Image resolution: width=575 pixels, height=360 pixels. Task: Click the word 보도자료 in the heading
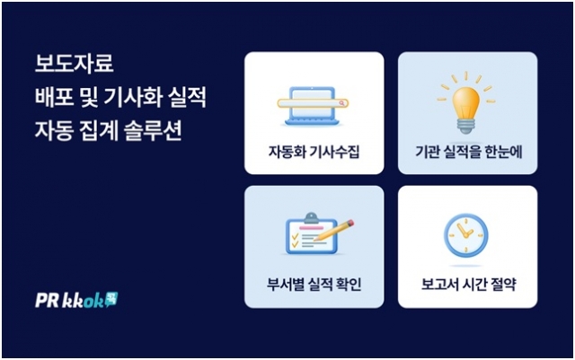click(74, 64)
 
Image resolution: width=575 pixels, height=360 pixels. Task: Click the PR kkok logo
click(76, 300)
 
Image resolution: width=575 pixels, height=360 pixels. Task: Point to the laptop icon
click(312, 106)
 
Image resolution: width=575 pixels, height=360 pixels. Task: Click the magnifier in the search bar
click(341, 103)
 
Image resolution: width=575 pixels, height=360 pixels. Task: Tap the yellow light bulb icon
click(465, 103)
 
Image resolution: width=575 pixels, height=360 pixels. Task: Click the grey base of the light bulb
click(465, 126)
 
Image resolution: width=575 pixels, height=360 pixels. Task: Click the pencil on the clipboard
click(334, 230)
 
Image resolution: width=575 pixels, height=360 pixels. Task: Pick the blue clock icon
click(465, 235)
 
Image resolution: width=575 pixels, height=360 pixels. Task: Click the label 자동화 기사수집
click(314, 152)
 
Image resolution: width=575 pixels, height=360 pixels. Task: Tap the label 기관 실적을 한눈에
click(468, 152)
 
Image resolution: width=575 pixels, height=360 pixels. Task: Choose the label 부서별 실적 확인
click(314, 285)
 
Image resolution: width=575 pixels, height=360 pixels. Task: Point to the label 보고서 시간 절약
click(468, 285)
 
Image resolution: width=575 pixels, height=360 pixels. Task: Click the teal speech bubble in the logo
click(111, 299)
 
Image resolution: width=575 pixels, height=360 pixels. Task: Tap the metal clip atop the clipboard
click(311, 216)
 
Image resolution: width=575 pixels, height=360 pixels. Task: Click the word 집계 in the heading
click(98, 131)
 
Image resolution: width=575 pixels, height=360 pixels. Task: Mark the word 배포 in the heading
click(54, 97)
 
